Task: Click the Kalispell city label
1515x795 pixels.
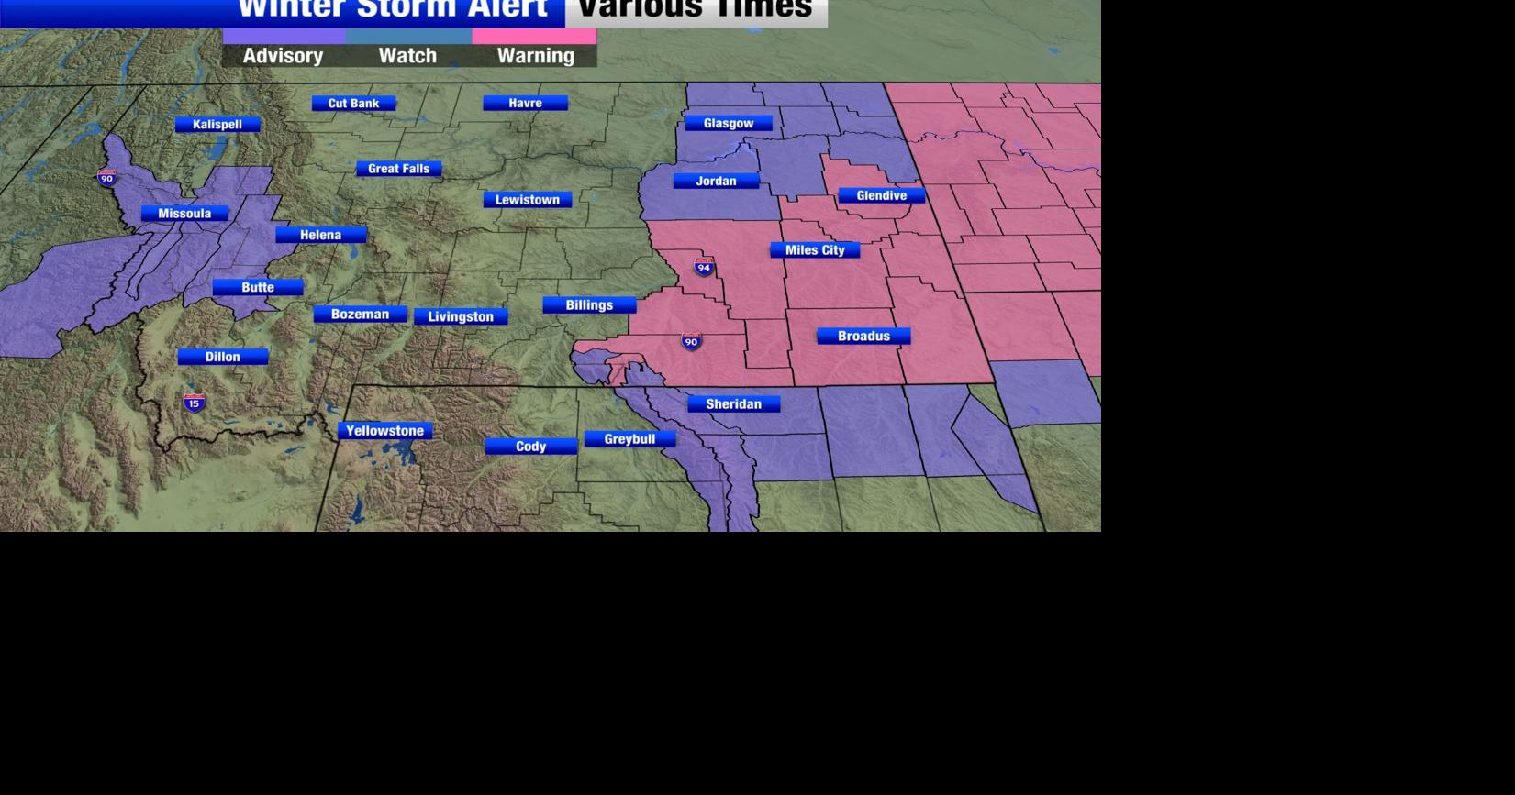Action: tap(217, 125)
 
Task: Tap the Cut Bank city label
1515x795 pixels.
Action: tap(353, 104)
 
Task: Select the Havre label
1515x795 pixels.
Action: tap(525, 104)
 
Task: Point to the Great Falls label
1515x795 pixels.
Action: tap(398, 169)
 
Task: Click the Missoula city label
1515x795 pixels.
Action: tap(184, 214)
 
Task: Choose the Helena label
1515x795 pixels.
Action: tap(320, 235)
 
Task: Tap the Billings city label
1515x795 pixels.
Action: tap(589, 305)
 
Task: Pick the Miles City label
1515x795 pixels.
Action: tap(815, 250)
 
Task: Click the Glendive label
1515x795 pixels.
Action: tap(881, 195)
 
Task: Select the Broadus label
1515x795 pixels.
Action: tap(863, 337)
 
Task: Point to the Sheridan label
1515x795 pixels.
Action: tap(733, 404)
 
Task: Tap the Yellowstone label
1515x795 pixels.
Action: tap(384, 431)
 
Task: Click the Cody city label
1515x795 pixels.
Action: tap(530, 447)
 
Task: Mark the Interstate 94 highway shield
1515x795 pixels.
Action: tap(704, 267)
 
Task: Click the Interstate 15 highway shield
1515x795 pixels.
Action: tap(194, 403)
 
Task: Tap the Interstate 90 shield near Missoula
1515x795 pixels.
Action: tap(106, 177)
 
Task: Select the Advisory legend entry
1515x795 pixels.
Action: tap(283, 56)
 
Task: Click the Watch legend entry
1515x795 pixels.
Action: tap(407, 56)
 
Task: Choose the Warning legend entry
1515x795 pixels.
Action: tap(535, 56)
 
